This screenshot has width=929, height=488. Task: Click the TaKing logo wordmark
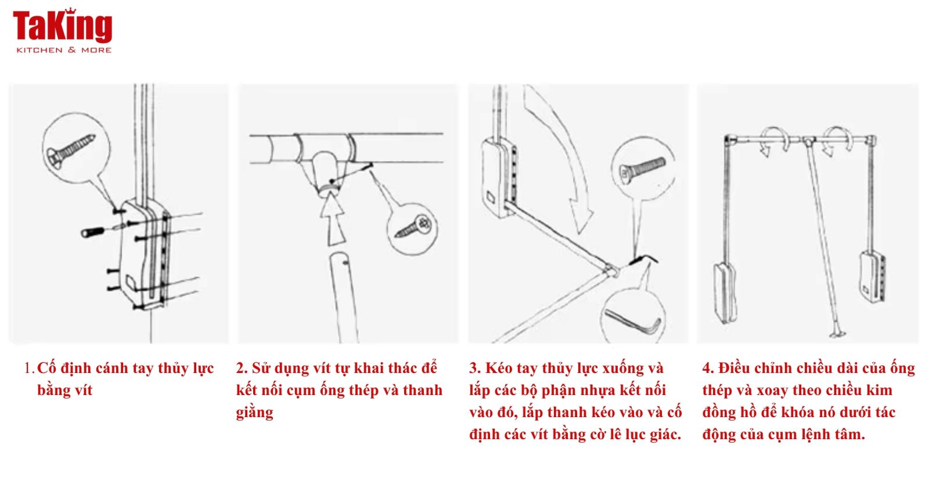63,26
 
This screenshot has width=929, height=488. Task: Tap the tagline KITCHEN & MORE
64,50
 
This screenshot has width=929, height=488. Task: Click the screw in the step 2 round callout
413,228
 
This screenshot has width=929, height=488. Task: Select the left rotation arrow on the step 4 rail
775,141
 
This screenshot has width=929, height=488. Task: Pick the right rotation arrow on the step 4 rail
838,141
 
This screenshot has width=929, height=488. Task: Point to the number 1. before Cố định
30,368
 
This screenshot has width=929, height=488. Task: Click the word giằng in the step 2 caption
255,413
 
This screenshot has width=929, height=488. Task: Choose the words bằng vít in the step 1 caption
64,390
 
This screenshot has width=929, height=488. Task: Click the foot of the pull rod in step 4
838,333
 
